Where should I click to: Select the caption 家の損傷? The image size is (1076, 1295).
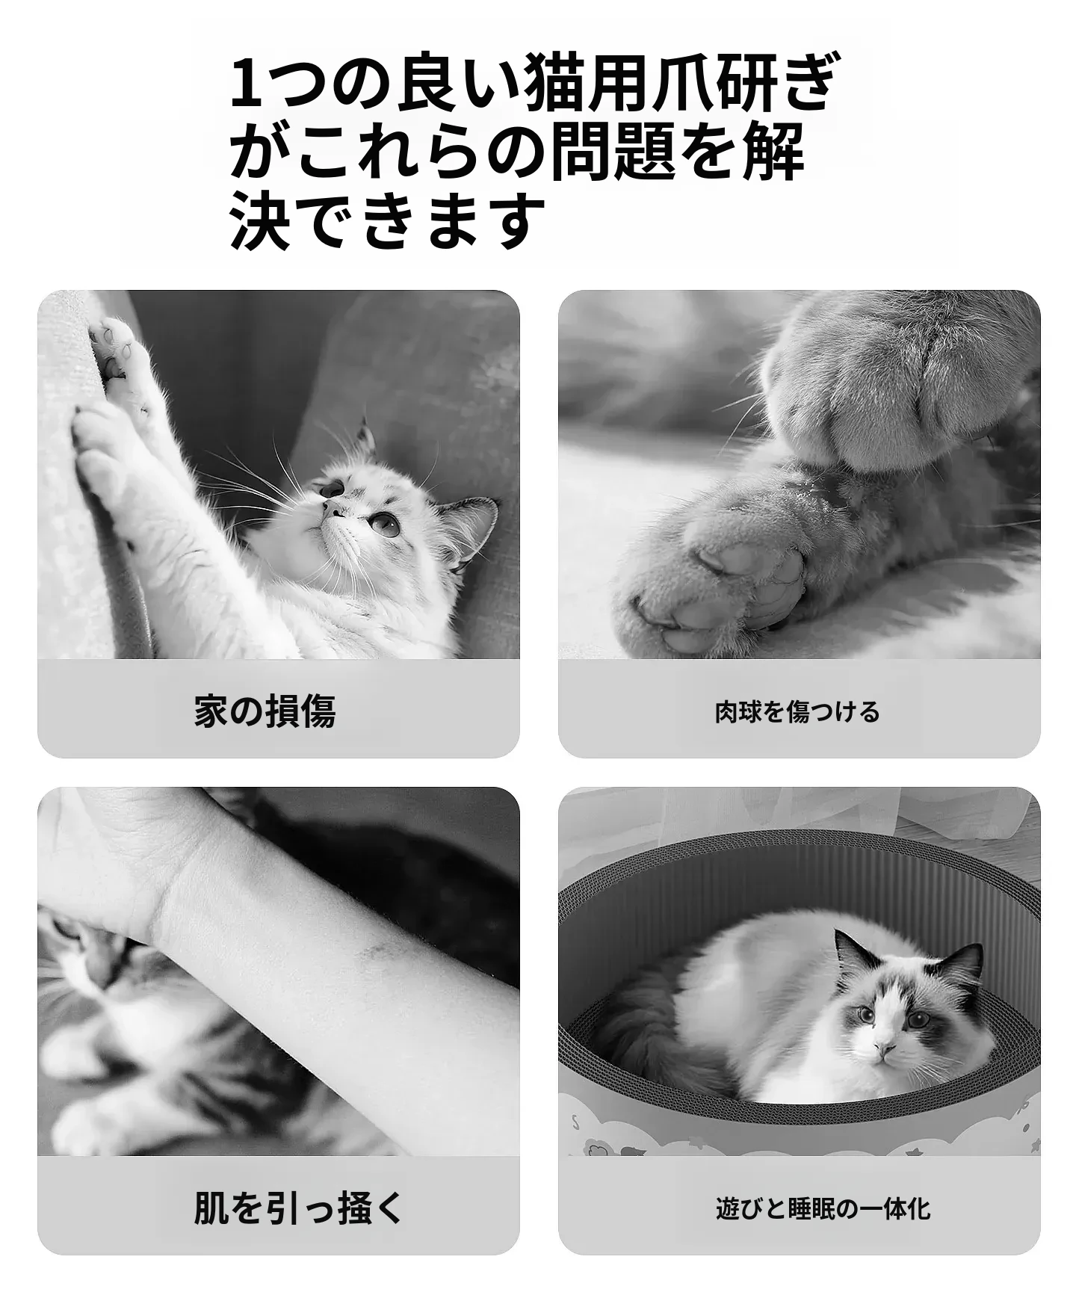point(265,711)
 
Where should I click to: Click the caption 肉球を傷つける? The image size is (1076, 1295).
point(797,712)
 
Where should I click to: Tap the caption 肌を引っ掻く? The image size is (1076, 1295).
point(299,1208)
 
